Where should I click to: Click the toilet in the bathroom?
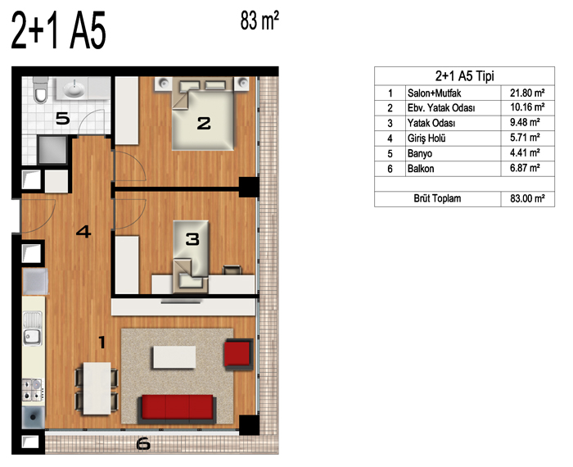(x=40, y=90)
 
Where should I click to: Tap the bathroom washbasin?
(x=74, y=88)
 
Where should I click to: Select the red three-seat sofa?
(x=178, y=407)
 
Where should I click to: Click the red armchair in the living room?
(x=239, y=353)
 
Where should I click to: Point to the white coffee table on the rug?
(x=174, y=357)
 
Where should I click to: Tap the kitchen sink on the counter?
(x=33, y=328)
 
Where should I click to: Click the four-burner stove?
(x=34, y=389)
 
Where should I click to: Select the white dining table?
(x=97, y=388)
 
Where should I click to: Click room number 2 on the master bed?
(x=204, y=123)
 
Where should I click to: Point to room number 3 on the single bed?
(x=192, y=239)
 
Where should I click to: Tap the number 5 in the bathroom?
(x=62, y=119)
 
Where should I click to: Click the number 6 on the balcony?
(x=143, y=444)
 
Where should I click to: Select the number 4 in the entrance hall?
(x=83, y=232)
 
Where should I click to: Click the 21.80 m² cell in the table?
(x=527, y=93)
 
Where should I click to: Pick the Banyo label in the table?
(x=420, y=153)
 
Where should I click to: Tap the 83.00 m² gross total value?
(x=527, y=198)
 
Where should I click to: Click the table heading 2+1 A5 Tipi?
(x=464, y=76)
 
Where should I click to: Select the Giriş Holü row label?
(x=426, y=138)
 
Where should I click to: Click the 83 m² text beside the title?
(x=259, y=20)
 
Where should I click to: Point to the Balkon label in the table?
(x=421, y=169)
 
